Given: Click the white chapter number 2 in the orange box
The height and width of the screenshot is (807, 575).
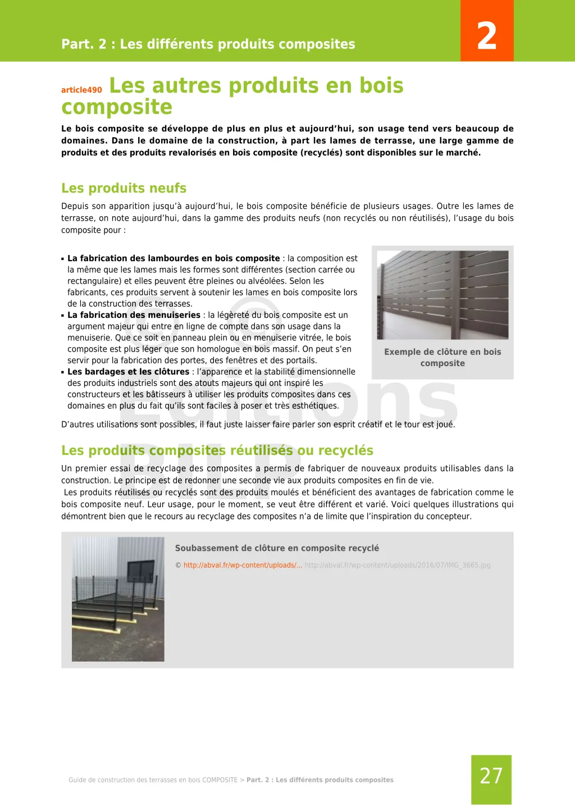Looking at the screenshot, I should coord(487,36).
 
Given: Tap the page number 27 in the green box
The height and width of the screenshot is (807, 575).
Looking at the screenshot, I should coord(491,776).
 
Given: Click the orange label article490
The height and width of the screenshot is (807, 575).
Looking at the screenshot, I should coord(81,90).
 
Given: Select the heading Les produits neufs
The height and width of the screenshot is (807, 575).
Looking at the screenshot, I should coord(124,188).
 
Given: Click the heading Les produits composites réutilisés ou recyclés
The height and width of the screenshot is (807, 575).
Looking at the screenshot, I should coord(217,450).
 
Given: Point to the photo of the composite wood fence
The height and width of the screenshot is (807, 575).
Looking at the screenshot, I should coord(442,295).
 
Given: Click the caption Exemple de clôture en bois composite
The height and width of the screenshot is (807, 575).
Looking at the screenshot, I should coord(442,357).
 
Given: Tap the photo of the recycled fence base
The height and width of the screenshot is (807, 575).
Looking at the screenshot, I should coord(118,599).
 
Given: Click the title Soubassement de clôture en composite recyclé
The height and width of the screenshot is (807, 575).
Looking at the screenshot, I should coord(277,548).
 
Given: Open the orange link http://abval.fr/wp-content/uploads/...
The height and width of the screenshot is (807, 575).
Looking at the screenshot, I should coord(243,565).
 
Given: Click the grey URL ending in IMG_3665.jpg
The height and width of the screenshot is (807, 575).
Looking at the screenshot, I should coord(398,565).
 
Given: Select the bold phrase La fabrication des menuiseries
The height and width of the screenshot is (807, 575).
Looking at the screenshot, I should coord(134,315).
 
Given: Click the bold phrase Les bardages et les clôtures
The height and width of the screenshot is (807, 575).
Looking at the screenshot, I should coord(128,372).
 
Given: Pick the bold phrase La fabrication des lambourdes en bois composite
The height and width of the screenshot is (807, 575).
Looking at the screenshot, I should coord(174,258).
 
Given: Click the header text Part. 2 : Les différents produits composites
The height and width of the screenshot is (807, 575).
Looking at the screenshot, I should coord(208,44).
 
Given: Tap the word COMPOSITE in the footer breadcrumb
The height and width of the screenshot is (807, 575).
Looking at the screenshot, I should coord(220,780).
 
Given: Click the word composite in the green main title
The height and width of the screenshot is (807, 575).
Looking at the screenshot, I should coord(117,107).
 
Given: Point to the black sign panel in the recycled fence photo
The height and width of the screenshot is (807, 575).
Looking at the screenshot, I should coord(140,571).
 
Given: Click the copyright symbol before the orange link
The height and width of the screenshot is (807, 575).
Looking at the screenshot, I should coord(178,566).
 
